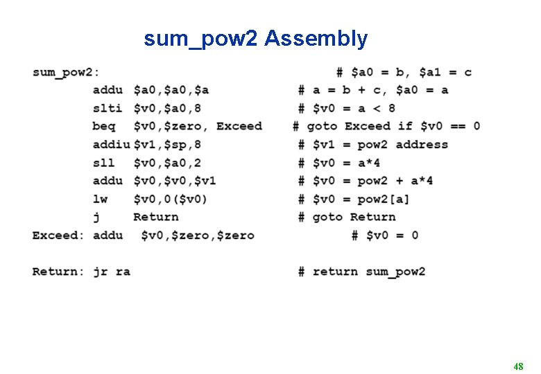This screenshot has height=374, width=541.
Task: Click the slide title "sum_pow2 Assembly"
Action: tap(255, 39)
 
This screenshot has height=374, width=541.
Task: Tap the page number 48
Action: tap(518, 366)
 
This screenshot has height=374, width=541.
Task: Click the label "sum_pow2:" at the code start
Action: tap(66, 72)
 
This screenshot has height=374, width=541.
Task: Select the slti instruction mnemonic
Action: tap(107, 108)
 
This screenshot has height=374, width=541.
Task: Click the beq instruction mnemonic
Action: tap(103, 126)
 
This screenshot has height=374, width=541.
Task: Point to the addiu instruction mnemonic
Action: tap(111, 144)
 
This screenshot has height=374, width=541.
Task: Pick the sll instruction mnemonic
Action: tap(103, 163)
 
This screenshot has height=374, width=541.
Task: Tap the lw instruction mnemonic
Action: tap(100, 199)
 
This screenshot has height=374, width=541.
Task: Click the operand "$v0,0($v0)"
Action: tap(171, 199)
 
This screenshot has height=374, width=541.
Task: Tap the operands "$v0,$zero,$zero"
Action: tap(198, 235)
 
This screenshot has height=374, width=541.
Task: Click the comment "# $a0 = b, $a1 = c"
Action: tap(404, 72)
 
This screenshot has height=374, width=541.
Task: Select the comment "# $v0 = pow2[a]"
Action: tap(354, 199)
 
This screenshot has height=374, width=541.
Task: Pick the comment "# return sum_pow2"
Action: tap(361, 271)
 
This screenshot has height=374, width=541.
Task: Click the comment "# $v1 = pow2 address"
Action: tap(373, 144)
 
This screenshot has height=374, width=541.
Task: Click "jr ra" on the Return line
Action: tap(112, 271)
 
